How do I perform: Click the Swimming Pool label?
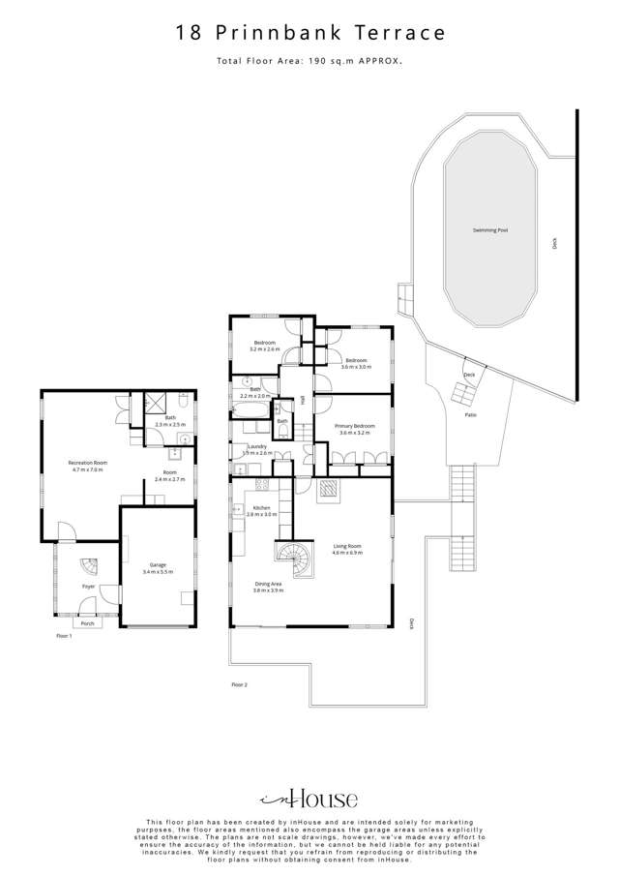(x=490, y=230)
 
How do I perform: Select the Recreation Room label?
(x=86, y=466)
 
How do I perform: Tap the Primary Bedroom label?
(x=355, y=428)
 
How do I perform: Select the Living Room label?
(x=347, y=549)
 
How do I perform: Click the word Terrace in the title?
(x=398, y=33)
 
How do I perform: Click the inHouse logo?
(x=309, y=799)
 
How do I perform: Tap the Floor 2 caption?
(x=240, y=685)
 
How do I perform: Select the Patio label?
(x=471, y=415)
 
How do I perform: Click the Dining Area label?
(x=267, y=586)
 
